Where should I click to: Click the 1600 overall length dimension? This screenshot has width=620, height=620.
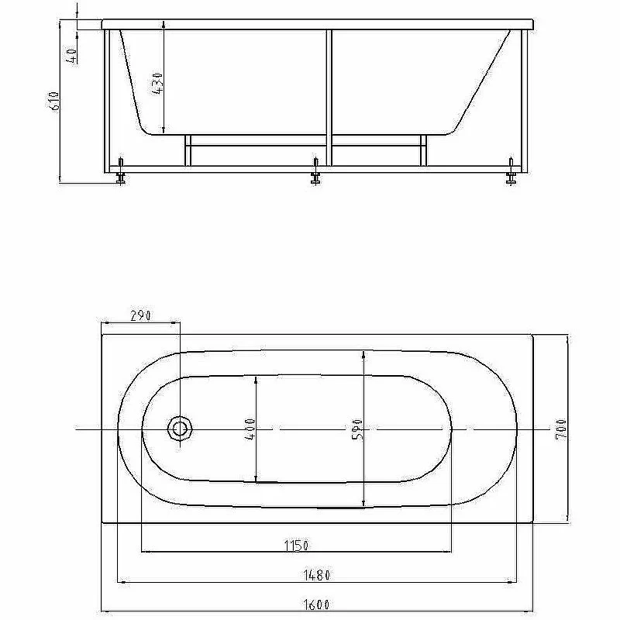click(x=316, y=604)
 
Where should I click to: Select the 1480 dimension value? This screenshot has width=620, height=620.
click(x=316, y=575)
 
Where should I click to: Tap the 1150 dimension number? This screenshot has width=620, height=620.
click(x=296, y=546)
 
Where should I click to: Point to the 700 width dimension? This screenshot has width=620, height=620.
click(x=561, y=429)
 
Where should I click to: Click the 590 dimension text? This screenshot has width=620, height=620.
click(x=357, y=429)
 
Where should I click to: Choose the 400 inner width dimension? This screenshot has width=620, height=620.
click(x=250, y=429)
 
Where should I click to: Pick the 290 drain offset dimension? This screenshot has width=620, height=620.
click(x=141, y=315)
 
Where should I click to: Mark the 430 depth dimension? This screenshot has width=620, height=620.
click(x=157, y=83)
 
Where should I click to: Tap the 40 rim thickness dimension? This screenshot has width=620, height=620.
click(x=71, y=56)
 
